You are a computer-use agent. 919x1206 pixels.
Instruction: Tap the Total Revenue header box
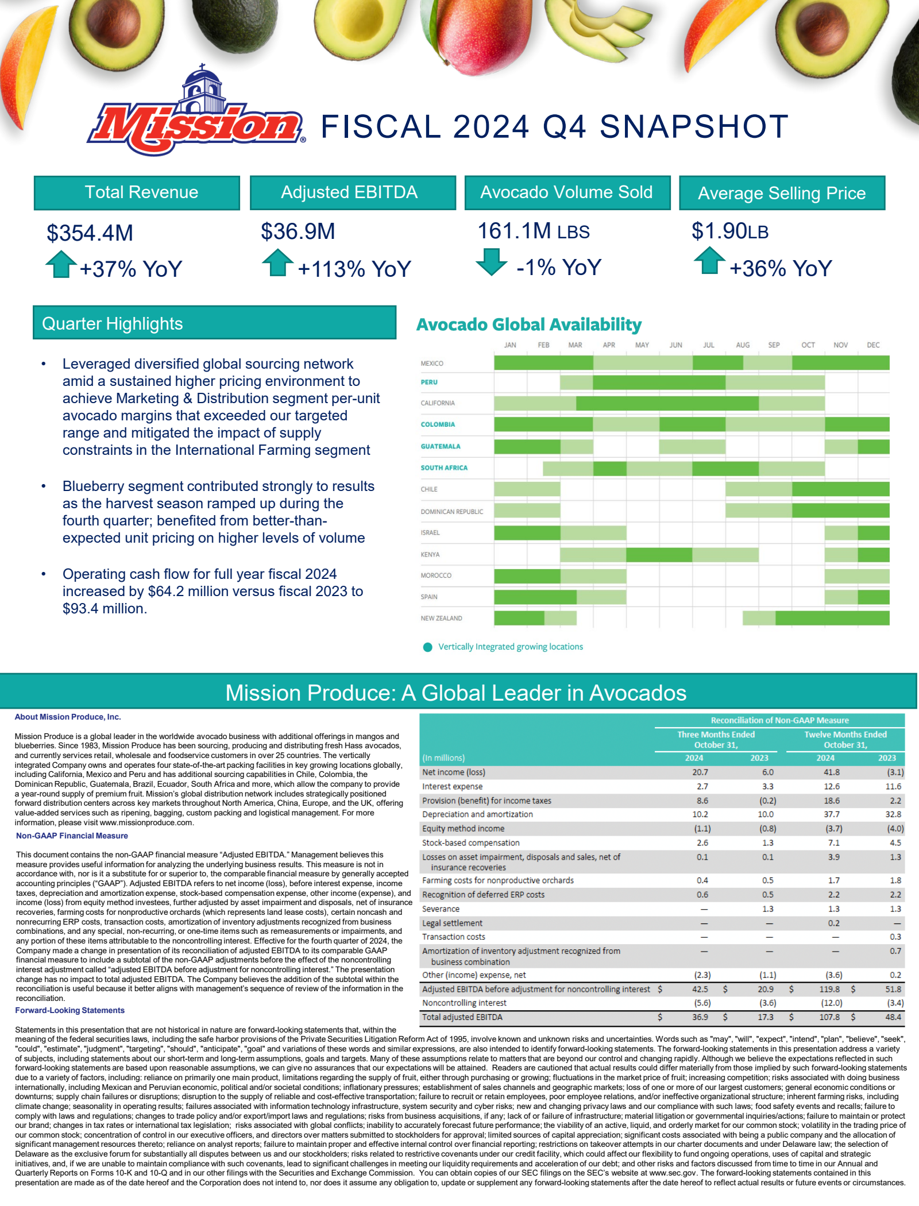click(137, 192)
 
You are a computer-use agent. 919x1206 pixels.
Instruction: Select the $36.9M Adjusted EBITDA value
click(298, 231)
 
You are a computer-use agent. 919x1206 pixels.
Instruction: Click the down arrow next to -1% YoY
click(491, 262)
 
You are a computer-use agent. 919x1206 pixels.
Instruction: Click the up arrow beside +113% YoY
click(277, 262)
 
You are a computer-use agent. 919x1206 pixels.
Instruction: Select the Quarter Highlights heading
click(113, 323)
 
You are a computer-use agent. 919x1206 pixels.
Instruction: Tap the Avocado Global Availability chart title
click(528, 324)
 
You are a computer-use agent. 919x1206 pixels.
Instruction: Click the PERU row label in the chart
click(429, 382)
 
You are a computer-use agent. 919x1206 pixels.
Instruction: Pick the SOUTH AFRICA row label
click(444, 468)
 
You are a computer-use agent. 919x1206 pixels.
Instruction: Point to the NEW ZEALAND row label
click(441, 619)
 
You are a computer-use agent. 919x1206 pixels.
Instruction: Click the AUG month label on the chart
click(743, 345)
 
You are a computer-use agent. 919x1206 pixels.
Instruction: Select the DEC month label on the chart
click(873, 345)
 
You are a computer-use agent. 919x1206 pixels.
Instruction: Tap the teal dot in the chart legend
click(427, 647)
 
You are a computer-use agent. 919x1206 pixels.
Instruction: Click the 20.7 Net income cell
click(700, 772)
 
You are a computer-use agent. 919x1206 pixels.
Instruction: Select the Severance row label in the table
click(441, 909)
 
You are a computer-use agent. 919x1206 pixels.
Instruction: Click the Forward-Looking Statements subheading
click(69, 1010)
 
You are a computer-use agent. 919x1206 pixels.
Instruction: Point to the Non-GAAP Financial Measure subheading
click(72, 836)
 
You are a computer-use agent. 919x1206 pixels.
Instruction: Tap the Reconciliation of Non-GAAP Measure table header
click(779, 720)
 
